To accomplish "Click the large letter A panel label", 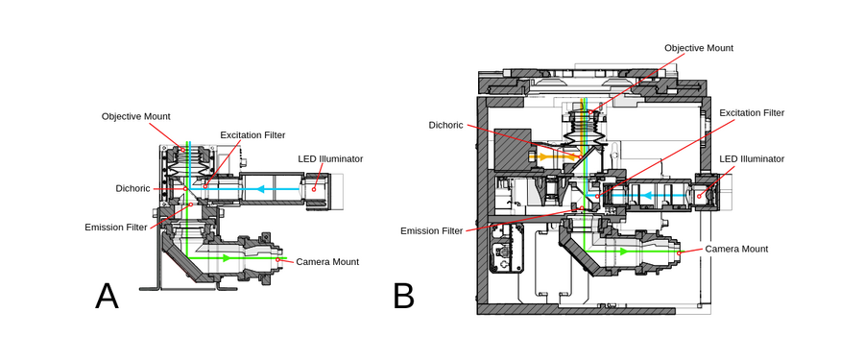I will [x=107, y=297].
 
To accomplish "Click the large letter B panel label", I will [x=403, y=297].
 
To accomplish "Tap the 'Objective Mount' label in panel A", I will [x=136, y=116].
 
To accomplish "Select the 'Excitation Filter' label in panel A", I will [x=252, y=134].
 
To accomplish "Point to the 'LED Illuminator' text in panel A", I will [x=330, y=158].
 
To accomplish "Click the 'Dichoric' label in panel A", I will [x=132, y=188].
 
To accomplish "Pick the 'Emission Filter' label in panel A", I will [x=116, y=228].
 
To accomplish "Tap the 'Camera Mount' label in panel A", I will [x=327, y=261].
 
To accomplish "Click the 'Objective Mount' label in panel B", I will [x=699, y=47].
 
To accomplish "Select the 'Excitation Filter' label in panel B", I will [x=752, y=112].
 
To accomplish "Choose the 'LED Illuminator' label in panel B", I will [x=752, y=158].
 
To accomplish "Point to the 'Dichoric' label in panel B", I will [x=445, y=125].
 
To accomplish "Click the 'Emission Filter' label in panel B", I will [x=431, y=230].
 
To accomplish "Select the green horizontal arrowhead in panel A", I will [x=226, y=258].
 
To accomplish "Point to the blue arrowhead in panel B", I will [x=649, y=197].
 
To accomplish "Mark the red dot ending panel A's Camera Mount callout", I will [x=278, y=259].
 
